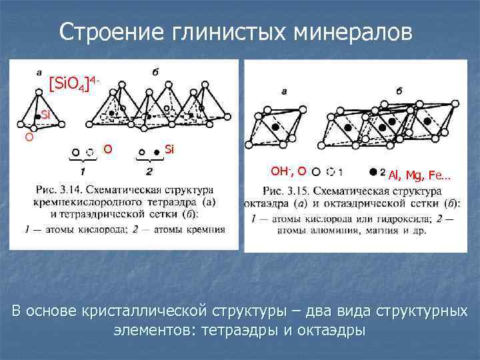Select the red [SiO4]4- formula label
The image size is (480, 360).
[74, 83]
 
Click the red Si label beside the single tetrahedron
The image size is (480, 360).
[45, 115]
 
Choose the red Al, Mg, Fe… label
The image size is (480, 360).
[419, 175]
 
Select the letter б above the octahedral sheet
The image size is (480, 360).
[399, 90]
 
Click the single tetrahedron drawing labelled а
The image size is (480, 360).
[39, 110]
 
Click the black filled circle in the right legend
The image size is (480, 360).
[373, 171]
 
